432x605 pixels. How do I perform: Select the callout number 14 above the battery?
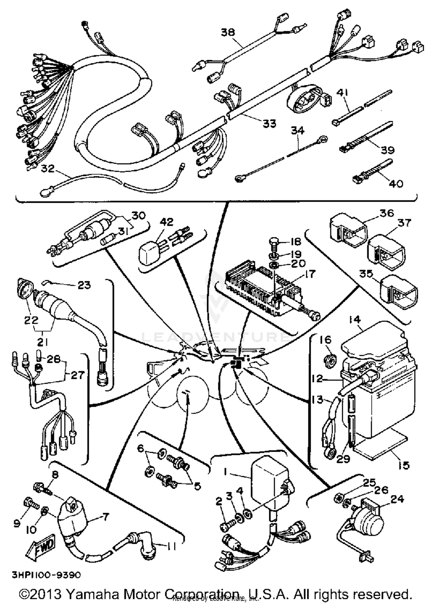(355, 319)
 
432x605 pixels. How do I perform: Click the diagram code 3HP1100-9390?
(46, 575)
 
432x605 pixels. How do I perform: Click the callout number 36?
(386, 213)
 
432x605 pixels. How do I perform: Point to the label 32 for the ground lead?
(48, 169)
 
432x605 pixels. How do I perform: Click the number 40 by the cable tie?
(396, 183)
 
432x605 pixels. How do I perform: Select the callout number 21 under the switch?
(42, 342)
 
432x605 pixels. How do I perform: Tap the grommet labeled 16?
(330, 360)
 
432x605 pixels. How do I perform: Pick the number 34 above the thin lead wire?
(298, 131)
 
